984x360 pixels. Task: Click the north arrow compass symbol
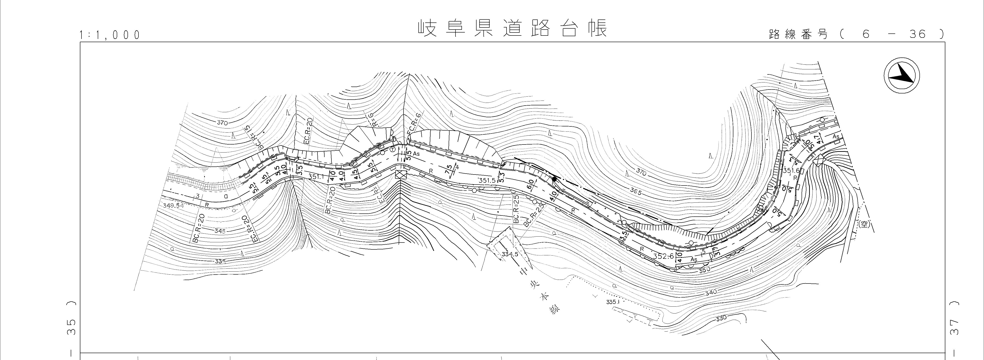[902, 76]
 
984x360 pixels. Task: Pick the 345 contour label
[220, 231]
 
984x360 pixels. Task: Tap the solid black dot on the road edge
[554, 179]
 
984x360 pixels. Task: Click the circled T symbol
[392, 149]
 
